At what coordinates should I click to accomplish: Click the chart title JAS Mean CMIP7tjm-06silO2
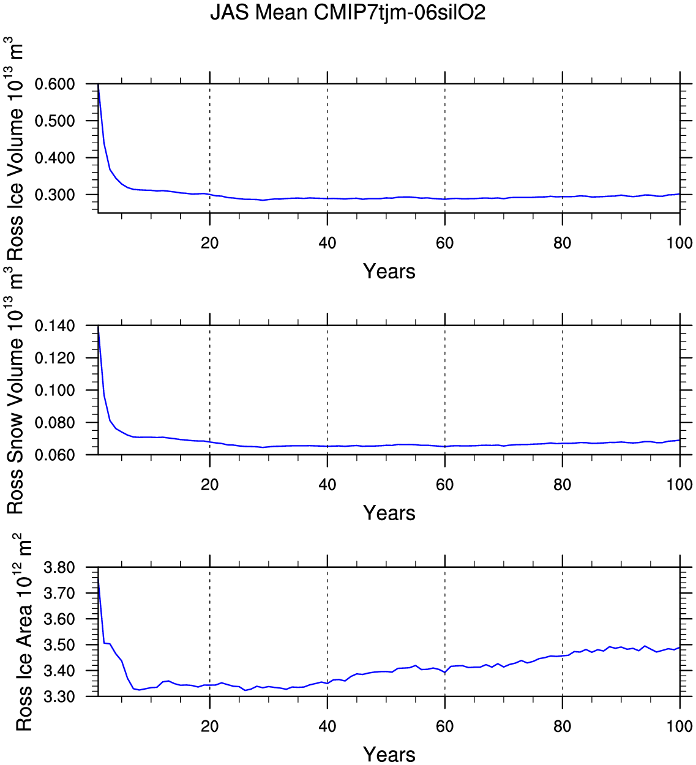(x=348, y=12)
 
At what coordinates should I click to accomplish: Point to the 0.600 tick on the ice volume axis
(x=54, y=84)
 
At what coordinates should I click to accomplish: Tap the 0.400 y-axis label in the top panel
(x=54, y=158)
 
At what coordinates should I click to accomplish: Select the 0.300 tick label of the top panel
(x=54, y=195)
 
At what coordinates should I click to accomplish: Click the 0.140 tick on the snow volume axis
(x=54, y=326)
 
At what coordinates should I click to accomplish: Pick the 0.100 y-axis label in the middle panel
(x=54, y=390)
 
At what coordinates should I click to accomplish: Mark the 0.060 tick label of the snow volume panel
(x=54, y=455)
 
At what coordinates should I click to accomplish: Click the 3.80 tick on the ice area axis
(x=59, y=568)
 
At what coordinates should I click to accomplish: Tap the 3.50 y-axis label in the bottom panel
(x=59, y=646)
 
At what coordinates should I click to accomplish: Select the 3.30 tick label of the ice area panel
(x=59, y=697)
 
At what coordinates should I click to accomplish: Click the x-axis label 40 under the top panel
(x=327, y=244)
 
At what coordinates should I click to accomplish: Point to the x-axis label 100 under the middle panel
(x=679, y=485)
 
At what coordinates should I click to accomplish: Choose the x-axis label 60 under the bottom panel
(x=445, y=727)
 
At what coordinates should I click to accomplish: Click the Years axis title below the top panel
(x=389, y=271)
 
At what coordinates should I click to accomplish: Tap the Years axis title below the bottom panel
(x=389, y=754)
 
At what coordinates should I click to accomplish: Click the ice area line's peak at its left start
(x=99, y=578)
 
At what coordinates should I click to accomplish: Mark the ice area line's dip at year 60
(x=445, y=673)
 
